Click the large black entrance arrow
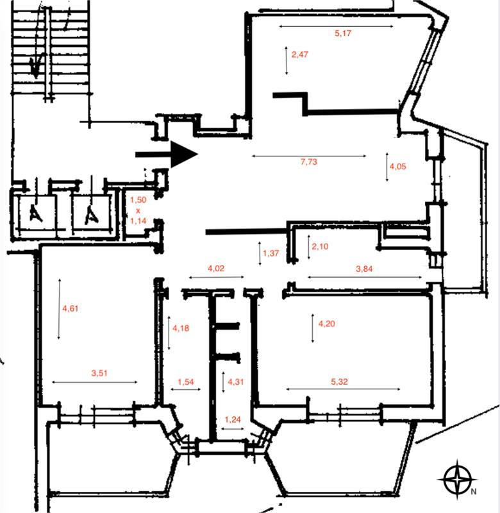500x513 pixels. [x=167, y=155]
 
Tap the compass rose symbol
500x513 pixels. [x=457, y=480]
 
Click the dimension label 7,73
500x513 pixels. [x=309, y=162]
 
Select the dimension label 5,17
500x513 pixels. [x=343, y=33]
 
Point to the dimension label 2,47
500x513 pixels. [x=300, y=55]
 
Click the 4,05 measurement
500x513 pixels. [x=397, y=166]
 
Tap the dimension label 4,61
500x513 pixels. [x=71, y=308]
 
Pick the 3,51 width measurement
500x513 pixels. [x=99, y=373]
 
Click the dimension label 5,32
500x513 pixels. [x=340, y=382]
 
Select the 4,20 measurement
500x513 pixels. [x=327, y=324]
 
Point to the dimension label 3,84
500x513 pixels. [x=364, y=269]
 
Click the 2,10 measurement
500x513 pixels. [x=320, y=246]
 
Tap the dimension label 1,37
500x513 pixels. [x=271, y=253]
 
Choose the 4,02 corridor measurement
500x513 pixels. [x=216, y=268]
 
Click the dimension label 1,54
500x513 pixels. [x=186, y=382]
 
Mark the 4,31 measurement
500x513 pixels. [x=236, y=382]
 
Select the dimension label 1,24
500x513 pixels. [x=233, y=419]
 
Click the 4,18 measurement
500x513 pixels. [x=181, y=328]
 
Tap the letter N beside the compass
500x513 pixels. [x=474, y=491]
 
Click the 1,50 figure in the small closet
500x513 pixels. [x=138, y=199]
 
